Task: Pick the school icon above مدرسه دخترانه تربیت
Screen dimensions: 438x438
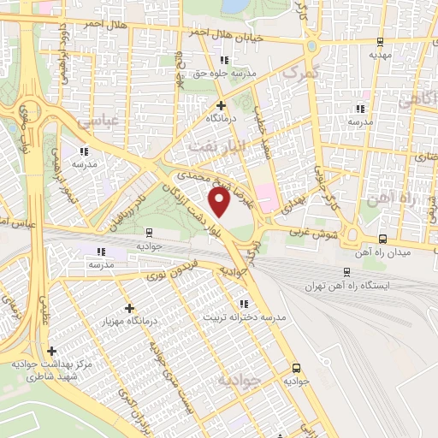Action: coord(245,303)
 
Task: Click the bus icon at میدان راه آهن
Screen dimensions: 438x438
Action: coord(382,240)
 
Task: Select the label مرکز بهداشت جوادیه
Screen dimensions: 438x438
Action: coord(53,369)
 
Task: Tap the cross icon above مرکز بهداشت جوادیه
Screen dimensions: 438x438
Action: coord(52,351)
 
